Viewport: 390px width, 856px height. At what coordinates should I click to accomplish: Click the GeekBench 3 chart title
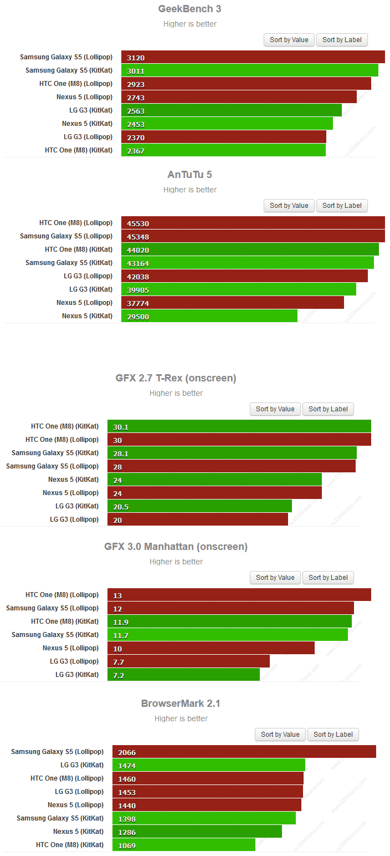[x=189, y=9]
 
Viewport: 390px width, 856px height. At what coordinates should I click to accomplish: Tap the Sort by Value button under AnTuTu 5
[x=289, y=206]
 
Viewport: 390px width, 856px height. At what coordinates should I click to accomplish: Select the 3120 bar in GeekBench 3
[x=253, y=57]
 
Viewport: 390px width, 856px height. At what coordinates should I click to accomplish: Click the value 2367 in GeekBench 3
[x=136, y=151]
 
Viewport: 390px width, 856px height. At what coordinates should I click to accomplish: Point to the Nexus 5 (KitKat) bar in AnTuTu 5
[x=209, y=316]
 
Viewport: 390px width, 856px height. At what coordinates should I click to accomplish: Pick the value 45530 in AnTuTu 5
[x=138, y=223]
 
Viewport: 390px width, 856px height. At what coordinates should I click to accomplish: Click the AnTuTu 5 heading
[x=189, y=175]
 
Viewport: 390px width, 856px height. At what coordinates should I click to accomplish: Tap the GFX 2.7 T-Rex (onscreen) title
[x=176, y=378]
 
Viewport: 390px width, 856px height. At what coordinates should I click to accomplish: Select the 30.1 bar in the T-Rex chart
[x=239, y=426]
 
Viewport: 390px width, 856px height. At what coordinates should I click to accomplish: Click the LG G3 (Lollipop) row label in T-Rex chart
[x=74, y=519]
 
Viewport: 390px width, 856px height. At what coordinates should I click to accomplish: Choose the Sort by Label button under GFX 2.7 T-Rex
[x=328, y=409]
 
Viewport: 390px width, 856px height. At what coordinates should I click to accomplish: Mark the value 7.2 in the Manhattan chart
[x=121, y=675]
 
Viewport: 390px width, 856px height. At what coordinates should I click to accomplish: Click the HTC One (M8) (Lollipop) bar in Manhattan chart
[x=239, y=595]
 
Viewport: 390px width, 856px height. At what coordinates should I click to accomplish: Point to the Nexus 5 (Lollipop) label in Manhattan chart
[x=70, y=648]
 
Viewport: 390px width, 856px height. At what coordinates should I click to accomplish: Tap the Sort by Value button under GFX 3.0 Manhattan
[x=275, y=578]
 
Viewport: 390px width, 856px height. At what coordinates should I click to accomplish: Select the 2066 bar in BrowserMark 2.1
[x=244, y=752]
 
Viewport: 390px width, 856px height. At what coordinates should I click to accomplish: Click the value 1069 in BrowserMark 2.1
[x=127, y=845]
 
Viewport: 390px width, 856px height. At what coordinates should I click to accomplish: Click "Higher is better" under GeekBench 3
[x=189, y=24]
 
